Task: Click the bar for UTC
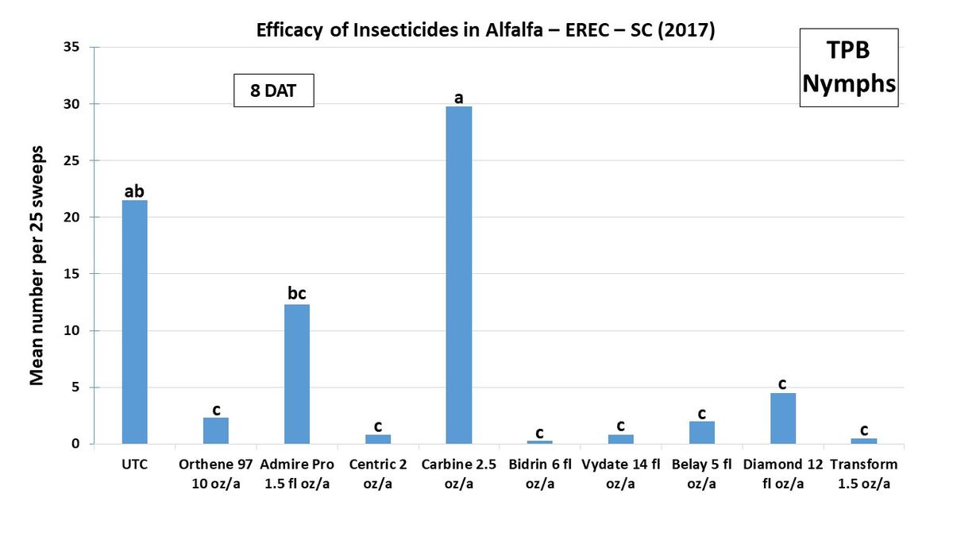point(134,322)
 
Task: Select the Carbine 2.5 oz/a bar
point(458,275)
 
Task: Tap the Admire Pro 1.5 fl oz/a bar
point(296,374)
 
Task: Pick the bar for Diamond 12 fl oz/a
point(782,418)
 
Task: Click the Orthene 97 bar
point(215,430)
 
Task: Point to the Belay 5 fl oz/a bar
point(701,433)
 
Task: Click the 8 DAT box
point(274,91)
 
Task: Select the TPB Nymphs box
point(848,67)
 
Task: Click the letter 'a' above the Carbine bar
point(458,98)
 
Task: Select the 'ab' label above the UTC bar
point(134,191)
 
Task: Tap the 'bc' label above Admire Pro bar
point(296,293)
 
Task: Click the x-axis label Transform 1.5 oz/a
point(863,473)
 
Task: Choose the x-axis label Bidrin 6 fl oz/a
point(539,473)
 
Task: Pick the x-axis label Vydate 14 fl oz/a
point(620,473)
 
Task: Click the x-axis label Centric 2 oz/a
point(377,473)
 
